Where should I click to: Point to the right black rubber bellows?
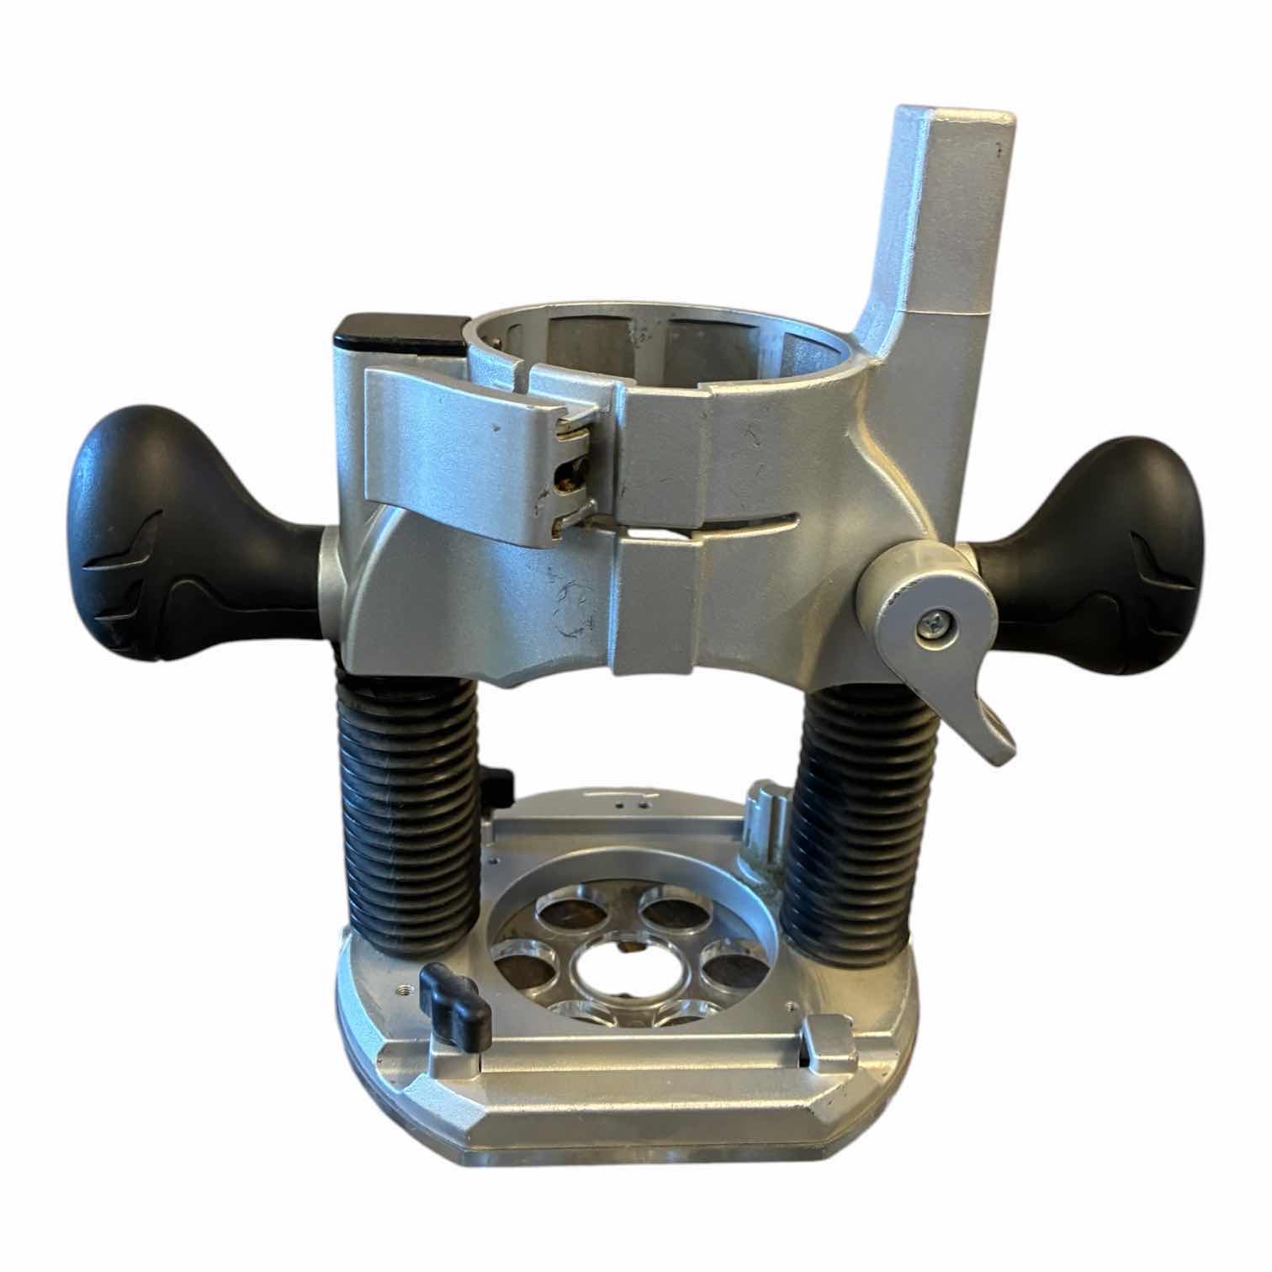coord(850,833)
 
